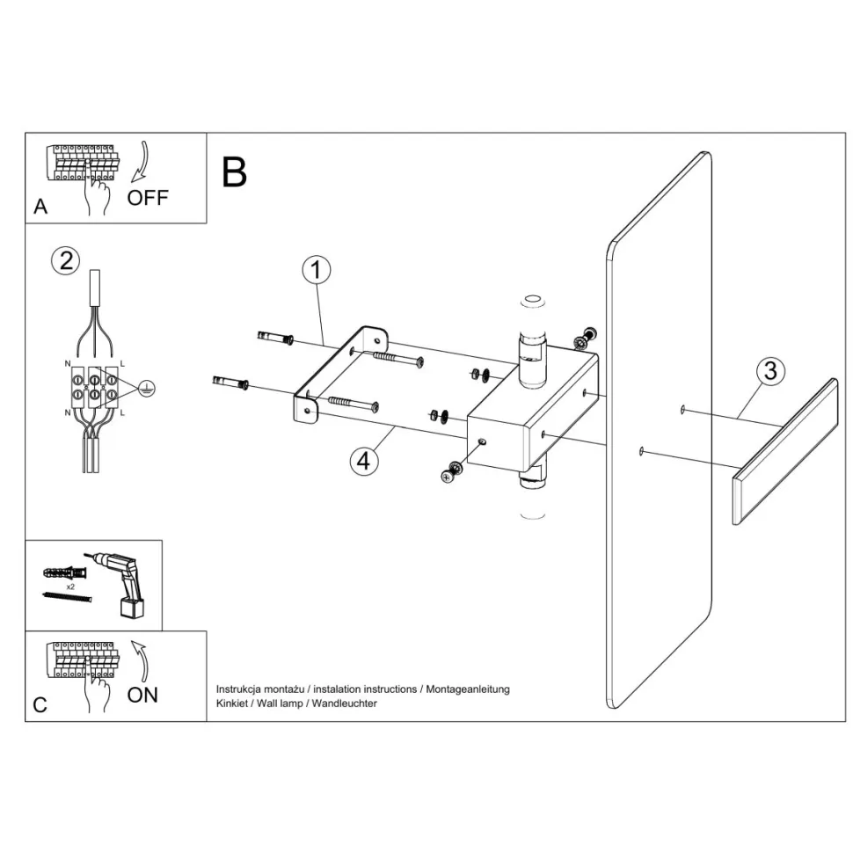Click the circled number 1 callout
[316, 270]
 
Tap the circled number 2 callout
[66, 261]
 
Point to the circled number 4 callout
[363, 461]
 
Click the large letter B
[235, 171]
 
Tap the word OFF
[148, 198]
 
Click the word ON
[142, 695]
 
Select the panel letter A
[40, 207]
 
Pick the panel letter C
[40, 705]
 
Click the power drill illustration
[123, 582]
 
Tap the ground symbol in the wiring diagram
[146, 389]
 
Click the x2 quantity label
[70, 587]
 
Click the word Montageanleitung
[468, 689]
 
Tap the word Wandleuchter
[345, 704]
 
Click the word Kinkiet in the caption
[232, 704]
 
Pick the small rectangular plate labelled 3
[785, 451]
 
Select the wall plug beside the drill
[64, 572]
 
